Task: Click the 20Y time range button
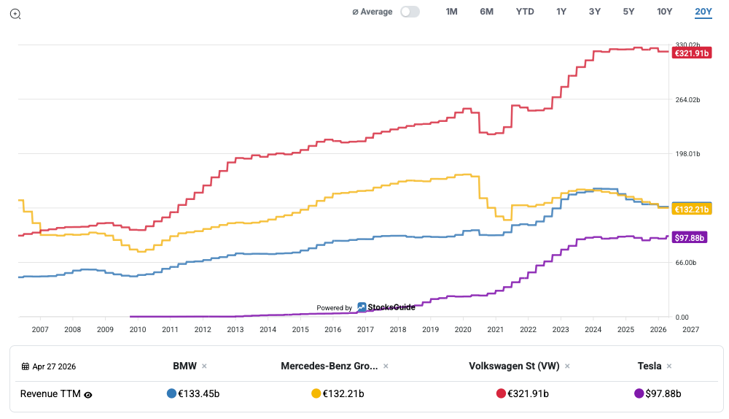(703, 12)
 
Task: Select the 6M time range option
(486, 12)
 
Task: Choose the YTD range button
(525, 12)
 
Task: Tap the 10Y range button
(665, 12)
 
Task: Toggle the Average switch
(410, 12)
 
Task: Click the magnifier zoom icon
(15, 13)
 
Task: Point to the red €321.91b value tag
(690, 53)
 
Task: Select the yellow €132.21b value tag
(690, 209)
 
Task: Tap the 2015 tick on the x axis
(300, 330)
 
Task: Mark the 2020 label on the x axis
(463, 330)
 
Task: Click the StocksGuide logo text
(391, 307)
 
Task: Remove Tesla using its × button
(669, 366)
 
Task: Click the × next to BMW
(204, 366)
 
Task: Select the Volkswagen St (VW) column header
(514, 366)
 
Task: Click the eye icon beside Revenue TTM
(88, 394)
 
